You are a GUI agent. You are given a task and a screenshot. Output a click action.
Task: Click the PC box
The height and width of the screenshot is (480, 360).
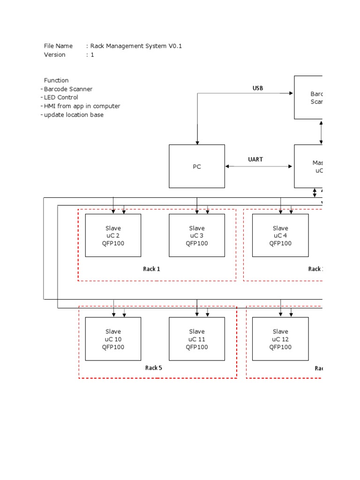pos(197,166)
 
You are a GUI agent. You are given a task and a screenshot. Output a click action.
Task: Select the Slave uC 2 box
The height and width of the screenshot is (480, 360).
pos(113,235)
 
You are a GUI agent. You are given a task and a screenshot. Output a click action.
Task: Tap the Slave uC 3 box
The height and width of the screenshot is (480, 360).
pos(197,235)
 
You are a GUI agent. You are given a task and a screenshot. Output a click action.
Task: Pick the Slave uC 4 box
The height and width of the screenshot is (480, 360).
pos(280,235)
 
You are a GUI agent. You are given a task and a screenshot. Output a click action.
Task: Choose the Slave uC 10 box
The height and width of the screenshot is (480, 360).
pos(113,339)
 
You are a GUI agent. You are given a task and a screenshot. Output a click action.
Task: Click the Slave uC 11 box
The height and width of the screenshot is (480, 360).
pos(197,339)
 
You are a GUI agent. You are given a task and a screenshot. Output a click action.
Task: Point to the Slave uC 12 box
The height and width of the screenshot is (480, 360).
pos(280,339)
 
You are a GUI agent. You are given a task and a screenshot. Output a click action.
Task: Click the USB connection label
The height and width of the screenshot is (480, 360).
pos(258,88)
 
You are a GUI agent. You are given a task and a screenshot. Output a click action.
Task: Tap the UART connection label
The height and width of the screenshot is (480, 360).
pos(255,159)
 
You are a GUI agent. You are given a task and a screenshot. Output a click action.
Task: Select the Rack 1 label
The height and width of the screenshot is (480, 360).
pos(151,269)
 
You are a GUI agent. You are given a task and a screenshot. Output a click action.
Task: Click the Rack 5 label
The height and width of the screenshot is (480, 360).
pos(153,368)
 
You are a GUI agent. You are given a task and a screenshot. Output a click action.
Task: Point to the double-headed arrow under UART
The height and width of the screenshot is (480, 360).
pos(259,166)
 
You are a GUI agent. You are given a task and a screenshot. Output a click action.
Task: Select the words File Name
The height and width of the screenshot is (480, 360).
pos(58,46)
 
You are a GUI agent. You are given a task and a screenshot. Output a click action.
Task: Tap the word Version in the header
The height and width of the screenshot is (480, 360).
pos(55,54)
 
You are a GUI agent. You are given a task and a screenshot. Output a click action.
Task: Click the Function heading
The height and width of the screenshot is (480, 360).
pos(56,80)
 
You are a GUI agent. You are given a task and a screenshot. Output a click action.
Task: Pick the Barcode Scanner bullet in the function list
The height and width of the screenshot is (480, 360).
pos(68,89)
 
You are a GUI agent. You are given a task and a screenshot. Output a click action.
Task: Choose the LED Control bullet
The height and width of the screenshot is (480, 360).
pos(61,97)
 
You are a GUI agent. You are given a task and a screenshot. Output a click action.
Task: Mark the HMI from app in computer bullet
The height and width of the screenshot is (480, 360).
pos(82,106)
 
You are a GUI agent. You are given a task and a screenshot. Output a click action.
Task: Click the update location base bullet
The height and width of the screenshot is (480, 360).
pos(74,115)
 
